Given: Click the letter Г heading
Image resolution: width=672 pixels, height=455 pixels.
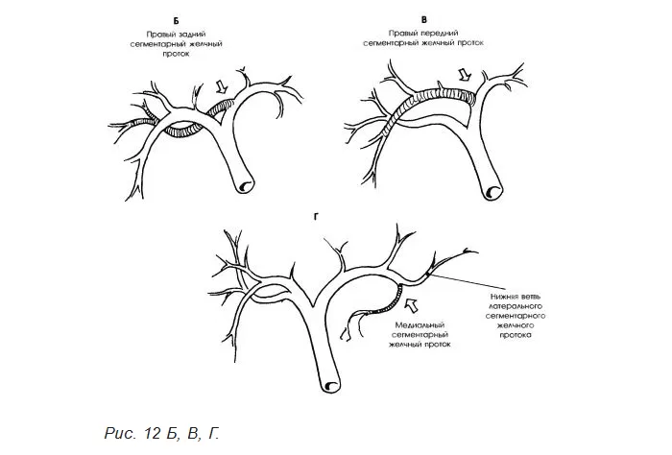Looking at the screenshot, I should (316, 216).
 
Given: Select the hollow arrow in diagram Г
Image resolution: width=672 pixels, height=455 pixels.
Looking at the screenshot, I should (415, 306).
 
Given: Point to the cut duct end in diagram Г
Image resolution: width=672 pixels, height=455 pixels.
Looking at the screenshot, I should (332, 385).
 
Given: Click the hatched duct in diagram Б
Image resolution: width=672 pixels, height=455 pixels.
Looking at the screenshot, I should (182, 130).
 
